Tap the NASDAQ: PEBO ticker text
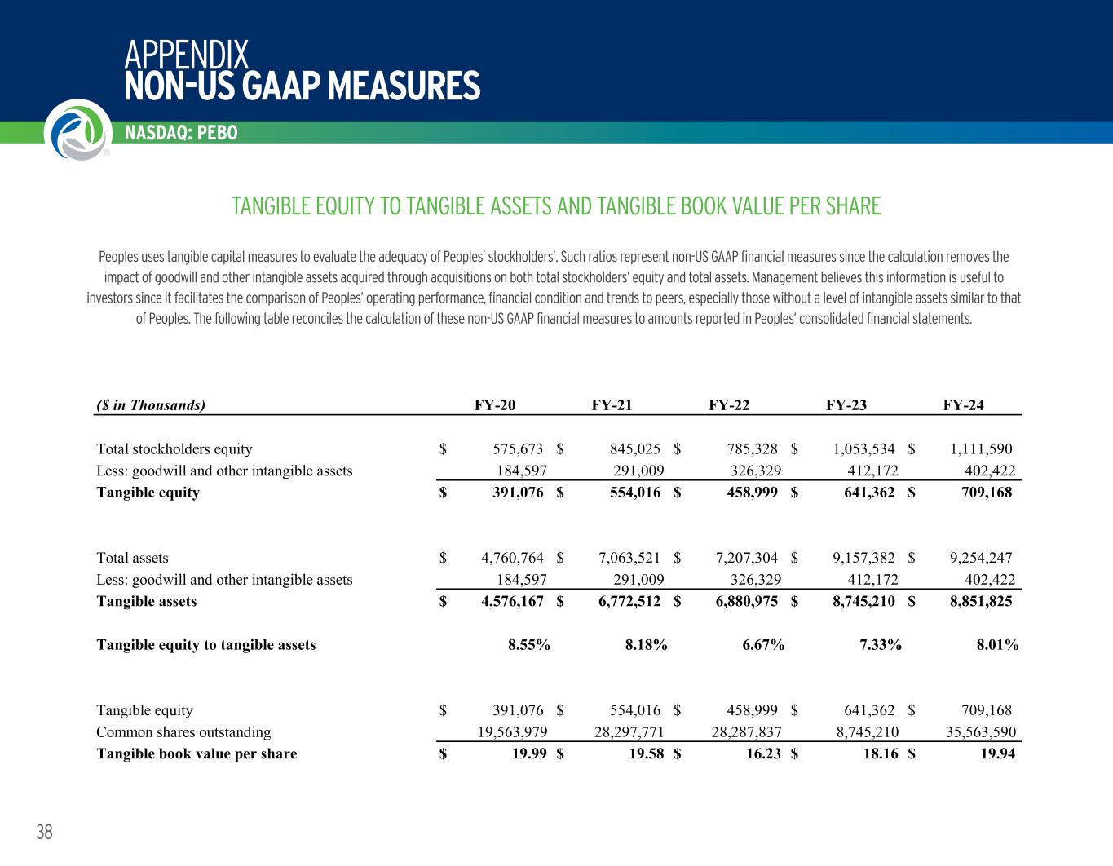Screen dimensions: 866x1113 point(182,133)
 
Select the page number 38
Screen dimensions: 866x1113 point(44,832)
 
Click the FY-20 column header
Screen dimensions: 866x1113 point(495,405)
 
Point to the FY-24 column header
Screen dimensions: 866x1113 point(964,405)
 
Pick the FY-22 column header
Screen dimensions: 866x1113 point(729,405)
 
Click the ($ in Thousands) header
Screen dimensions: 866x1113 point(151,405)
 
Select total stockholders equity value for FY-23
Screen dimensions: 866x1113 point(863,448)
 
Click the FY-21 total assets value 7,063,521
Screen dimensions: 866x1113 point(629,558)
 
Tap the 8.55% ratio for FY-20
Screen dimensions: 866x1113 point(528,645)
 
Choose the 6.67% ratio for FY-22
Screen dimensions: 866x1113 point(763,645)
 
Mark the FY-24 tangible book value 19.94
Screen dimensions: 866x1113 point(997,753)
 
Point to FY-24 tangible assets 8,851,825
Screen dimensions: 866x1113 point(981,602)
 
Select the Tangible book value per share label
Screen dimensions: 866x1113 point(197,753)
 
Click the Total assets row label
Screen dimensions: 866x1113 point(132,558)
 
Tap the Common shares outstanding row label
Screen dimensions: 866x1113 point(183,732)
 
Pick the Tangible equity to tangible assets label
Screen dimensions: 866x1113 point(205,645)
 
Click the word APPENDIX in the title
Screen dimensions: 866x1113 point(187,55)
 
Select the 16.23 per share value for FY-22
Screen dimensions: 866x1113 point(762,753)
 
